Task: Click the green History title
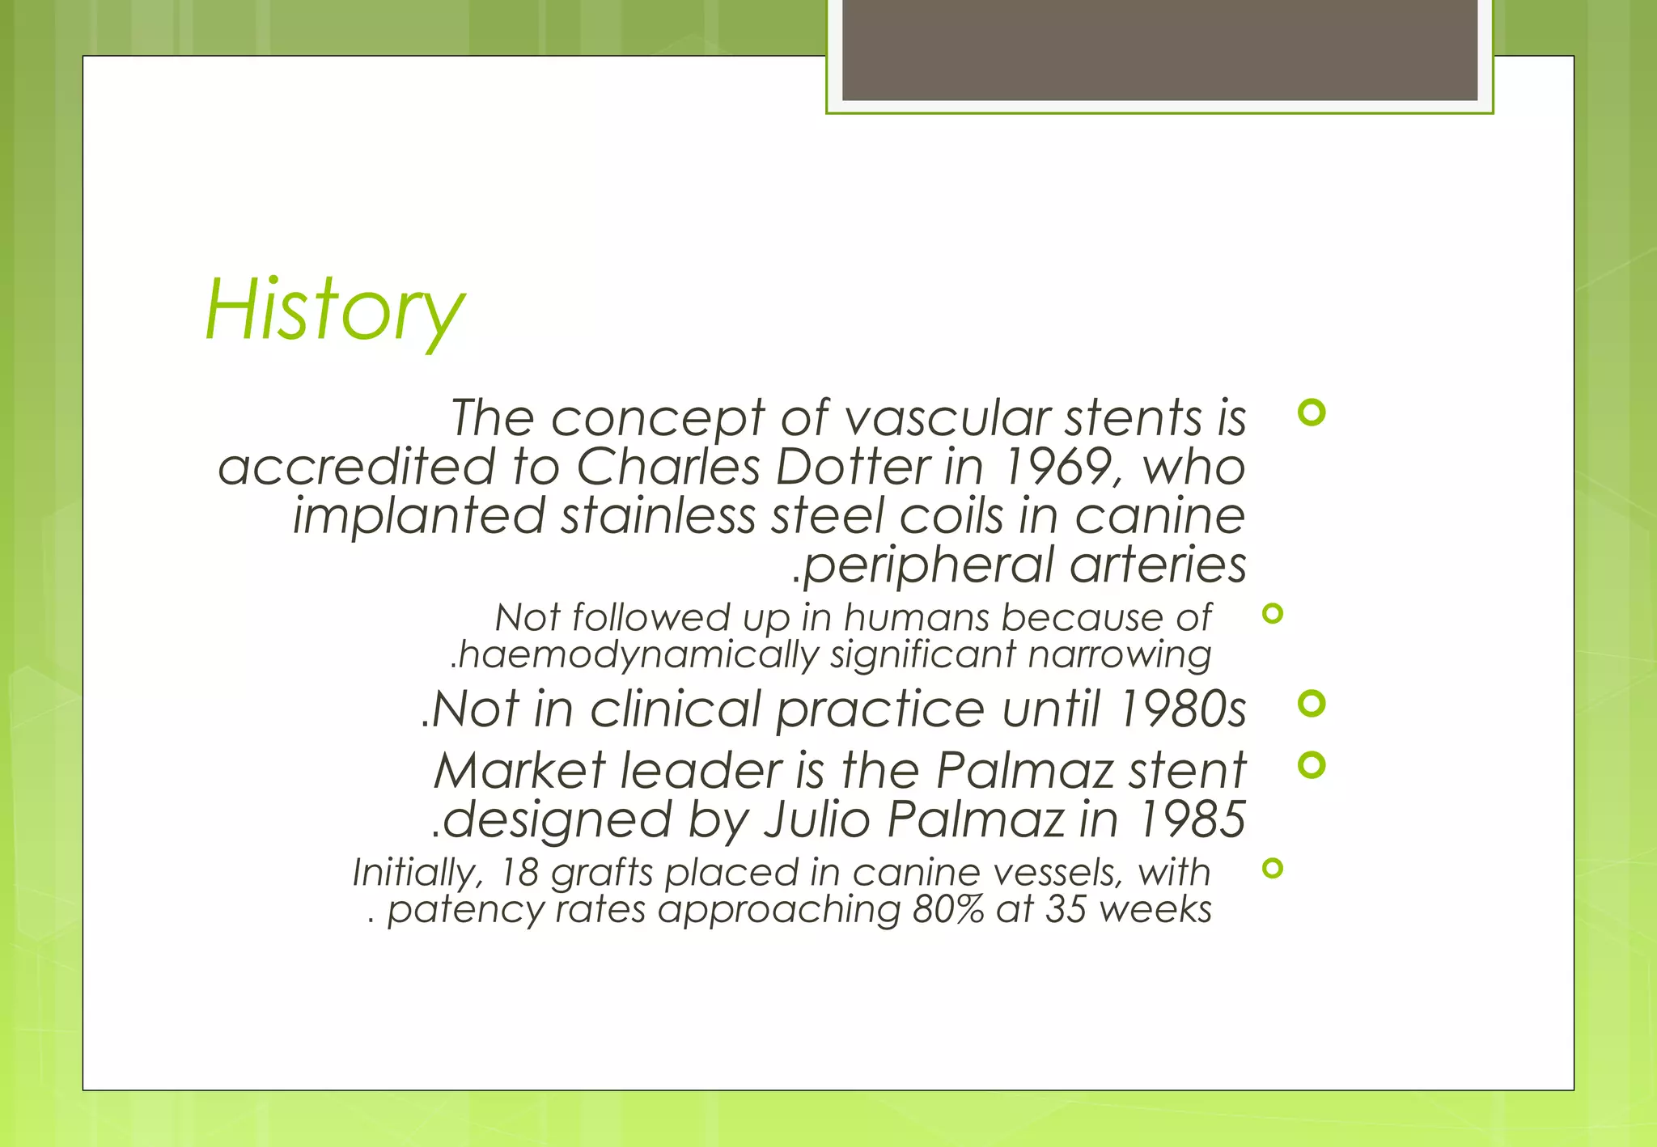[334, 311]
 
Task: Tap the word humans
[917, 618]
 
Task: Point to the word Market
[519, 770]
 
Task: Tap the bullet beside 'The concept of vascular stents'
[1311, 413]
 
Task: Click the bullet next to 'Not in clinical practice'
[1311, 703]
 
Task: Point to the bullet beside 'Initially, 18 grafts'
[1273, 869]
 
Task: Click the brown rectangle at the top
[1159, 50]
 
